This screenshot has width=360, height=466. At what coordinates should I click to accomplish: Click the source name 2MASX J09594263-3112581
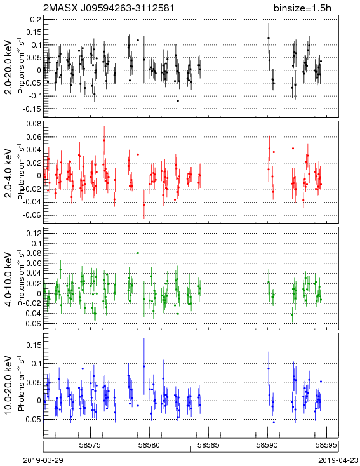(x=109, y=8)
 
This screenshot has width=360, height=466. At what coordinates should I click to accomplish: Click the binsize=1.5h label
(x=302, y=8)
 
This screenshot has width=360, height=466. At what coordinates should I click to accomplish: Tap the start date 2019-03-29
(x=43, y=460)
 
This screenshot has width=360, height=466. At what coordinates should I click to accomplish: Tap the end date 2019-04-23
(x=338, y=460)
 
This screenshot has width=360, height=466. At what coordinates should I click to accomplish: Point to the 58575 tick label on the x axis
(x=90, y=445)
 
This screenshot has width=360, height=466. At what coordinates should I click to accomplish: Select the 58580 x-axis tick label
(x=150, y=445)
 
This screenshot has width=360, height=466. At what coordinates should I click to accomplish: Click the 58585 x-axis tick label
(x=208, y=445)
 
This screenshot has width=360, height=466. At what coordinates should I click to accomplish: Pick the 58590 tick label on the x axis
(x=267, y=445)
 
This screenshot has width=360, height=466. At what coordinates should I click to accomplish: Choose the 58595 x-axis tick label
(x=326, y=445)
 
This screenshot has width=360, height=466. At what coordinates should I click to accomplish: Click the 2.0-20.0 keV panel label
(x=9, y=67)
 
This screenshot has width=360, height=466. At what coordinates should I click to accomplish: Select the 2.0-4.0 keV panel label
(x=9, y=173)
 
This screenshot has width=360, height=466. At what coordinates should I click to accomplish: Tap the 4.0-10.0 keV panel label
(x=9, y=279)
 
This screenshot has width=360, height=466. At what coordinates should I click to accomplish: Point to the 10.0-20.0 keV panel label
(x=9, y=385)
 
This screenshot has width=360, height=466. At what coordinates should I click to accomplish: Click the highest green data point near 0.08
(x=138, y=253)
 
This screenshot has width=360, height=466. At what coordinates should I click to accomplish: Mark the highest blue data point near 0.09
(x=144, y=366)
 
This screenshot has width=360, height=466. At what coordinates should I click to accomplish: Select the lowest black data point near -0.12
(x=178, y=101)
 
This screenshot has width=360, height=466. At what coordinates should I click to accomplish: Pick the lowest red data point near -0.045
(x=144, y=204)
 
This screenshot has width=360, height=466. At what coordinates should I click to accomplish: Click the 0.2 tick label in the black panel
(x=36, y=19)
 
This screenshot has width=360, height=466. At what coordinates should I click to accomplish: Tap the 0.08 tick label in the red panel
(x=34, y=124)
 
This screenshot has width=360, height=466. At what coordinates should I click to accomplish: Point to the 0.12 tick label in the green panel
(x=34, y=233)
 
